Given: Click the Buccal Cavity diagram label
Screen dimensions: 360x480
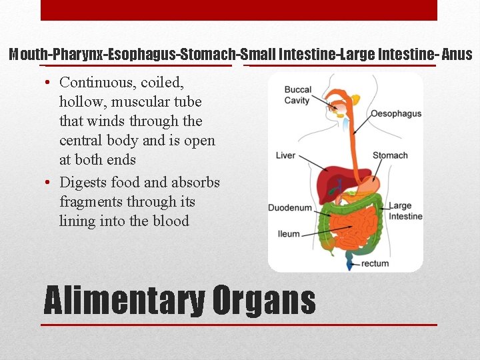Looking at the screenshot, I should (297, 95).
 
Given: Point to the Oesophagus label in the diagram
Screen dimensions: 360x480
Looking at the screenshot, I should (396, 113).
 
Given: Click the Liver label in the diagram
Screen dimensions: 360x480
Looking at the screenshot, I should (285, 155).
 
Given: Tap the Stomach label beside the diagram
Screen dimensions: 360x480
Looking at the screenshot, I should (390, 155).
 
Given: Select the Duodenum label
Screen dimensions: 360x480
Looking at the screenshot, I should (289, 208).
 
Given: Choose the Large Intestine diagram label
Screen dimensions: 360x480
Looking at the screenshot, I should (405, 211).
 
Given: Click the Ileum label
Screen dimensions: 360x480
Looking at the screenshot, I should (288, 234).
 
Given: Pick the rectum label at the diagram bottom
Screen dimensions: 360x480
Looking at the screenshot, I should (375, 263).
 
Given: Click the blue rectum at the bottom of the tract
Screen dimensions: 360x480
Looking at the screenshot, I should (349, 264).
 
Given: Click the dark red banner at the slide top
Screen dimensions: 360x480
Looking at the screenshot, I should (239, 10).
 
